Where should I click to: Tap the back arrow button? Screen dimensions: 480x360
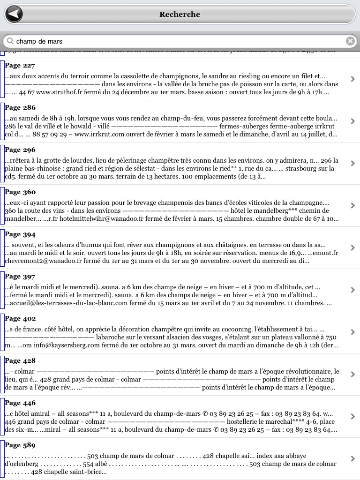15,14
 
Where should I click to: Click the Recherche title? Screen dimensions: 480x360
180,15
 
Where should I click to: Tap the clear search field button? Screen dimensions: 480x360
350,41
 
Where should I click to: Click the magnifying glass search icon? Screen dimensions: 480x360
10,41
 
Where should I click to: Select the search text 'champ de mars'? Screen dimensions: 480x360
39,41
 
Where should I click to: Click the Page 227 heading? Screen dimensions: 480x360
20,66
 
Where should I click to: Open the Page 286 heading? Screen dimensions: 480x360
20,108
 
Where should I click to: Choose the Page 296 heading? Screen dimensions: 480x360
20,150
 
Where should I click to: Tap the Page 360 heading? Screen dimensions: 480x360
20,192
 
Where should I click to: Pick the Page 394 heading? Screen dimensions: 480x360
20,234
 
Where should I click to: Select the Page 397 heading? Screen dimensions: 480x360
20,277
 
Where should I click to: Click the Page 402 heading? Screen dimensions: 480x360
20,319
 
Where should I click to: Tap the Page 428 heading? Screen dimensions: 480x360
20,361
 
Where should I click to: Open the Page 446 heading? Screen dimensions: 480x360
20,403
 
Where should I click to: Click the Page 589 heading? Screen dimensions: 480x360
20,445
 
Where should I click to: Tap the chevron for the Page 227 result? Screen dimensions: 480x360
352,79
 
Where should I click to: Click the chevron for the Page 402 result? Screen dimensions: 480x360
352,332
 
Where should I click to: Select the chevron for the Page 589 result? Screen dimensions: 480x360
352,458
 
